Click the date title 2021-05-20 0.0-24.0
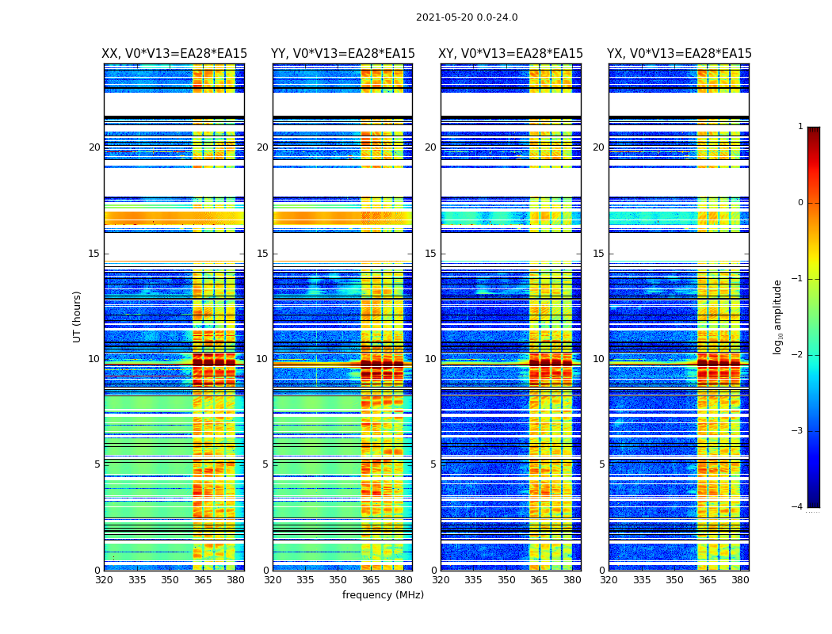point(467,17)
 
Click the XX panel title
point(174,54)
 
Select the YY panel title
point(342,54)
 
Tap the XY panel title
point(511,54)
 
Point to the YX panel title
point(679,54)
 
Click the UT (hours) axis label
point(78,316)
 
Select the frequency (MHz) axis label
point(383,595)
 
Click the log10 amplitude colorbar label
point(778,316)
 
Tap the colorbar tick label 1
point(800,127)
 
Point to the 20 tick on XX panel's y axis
point(94,147)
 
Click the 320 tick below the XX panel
point(104,580)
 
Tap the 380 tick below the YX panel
point(740,580)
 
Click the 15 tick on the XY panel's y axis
point(431,254)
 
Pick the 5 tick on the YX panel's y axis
point(602,464)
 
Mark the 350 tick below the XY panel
point(506,580)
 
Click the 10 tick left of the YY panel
point(262,359)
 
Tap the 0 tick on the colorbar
point(800,203)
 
